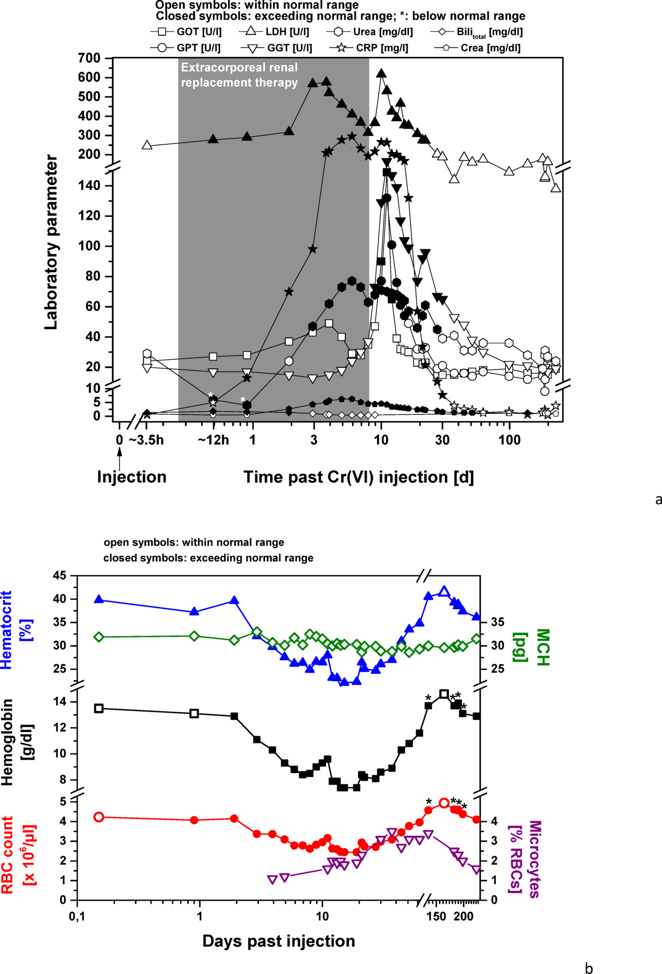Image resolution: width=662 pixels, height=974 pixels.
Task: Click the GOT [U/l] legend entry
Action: coord(186,31)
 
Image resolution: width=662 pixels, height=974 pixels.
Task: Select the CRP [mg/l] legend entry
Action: coord(369,48)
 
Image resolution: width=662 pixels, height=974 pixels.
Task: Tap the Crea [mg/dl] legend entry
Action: coord(477,48)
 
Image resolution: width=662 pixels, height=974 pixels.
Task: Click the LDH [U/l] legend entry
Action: coord(274,31)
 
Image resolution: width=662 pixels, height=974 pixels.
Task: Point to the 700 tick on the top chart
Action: coord(89,58)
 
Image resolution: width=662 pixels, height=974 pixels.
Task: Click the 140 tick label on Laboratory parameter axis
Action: coord(89,186)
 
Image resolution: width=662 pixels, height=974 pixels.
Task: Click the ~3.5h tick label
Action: coord(146,440)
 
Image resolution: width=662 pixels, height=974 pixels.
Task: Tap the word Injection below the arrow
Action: coord(132,477)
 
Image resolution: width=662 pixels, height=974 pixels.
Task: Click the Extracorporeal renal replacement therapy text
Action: coord(239,75)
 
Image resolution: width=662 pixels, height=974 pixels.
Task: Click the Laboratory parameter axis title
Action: coord(51,242)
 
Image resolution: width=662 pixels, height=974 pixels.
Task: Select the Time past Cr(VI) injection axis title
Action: coord(359,477)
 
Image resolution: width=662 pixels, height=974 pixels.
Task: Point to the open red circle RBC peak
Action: coord(444,803)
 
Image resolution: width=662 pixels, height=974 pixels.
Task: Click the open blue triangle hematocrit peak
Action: coord(444,592)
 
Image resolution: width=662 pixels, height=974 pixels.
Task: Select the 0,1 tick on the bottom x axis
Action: coord(77,916)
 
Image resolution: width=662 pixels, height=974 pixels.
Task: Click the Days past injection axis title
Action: coord(278,941)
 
